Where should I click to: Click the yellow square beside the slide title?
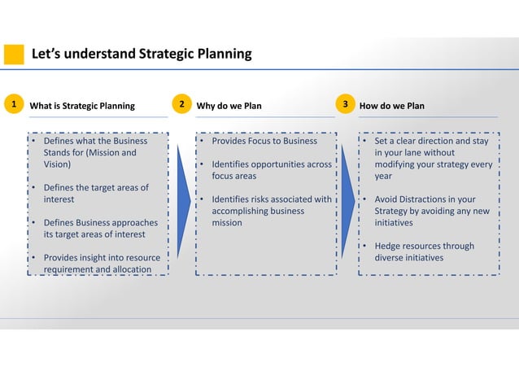point(14,55)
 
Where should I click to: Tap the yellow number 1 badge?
point(12,104)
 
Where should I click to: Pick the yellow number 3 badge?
point(346,104)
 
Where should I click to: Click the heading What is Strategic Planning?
point(82,105)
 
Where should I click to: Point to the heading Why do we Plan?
point(229,105)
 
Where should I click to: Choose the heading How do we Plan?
point(391,105)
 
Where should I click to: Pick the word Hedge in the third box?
point(389,247)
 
